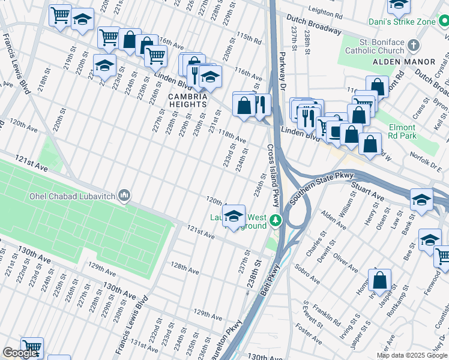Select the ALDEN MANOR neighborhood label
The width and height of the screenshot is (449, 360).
[x=403, y=62]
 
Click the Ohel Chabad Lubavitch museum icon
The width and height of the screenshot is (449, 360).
[x=125, y=195]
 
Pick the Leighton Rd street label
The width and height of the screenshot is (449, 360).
[x=328, y=11]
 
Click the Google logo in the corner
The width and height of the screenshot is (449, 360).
[x=20, y=353]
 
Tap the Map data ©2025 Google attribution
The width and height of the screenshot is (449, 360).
[x=412, y=355]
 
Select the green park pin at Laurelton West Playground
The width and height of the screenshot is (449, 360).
[x=276, y=221]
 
